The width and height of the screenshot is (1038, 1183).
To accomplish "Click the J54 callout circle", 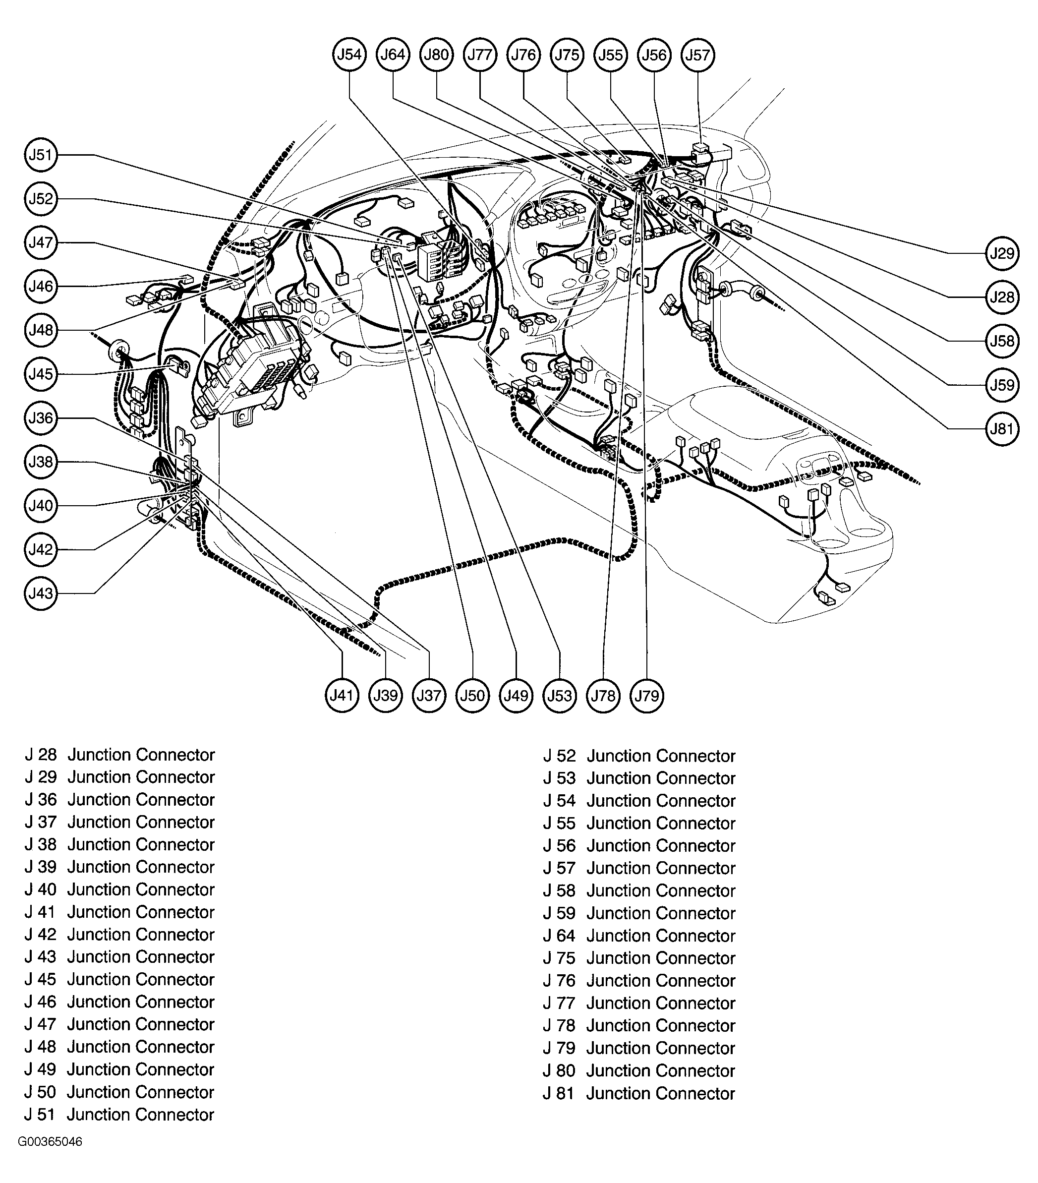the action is [x=349, y=55].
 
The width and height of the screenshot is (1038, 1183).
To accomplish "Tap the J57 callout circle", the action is [x=698, y=55].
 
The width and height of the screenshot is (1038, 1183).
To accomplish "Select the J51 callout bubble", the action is [x=41, y=155].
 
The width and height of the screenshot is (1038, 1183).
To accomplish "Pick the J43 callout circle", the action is [x=41, y=593].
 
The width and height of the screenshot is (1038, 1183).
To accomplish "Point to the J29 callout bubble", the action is [x=1002, y=253].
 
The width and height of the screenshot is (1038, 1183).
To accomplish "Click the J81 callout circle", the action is [x=1002, y=429].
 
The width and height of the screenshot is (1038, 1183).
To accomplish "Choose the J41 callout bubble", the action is [x=342, y=695].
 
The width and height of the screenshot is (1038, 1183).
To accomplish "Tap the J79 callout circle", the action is [x=647, y=695].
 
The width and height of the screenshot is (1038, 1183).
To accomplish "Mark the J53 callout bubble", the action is [x=560, y=695].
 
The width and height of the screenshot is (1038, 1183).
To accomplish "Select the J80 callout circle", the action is [x=436, y=55].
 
